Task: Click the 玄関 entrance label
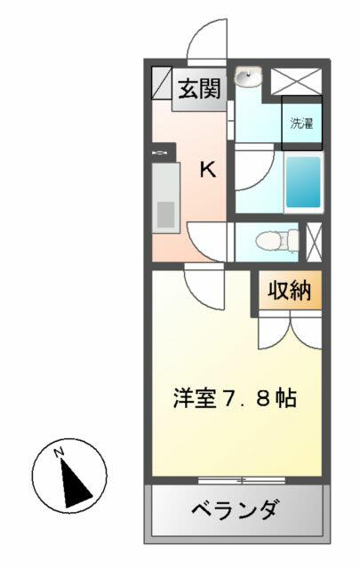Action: pyautogui.click(x=199, y=89)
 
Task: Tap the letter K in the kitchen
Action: pyautogui.click(x=208, y=170)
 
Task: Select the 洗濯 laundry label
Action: pyautogui.click(x=301, y=124)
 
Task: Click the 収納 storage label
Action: pyautogui.click(x=290, y=291)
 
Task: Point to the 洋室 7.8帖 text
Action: pyautogui.click(x=235, y=398)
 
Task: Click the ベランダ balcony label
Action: pyautogui.click(x=236, y=509)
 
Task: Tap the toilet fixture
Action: pyautogui.click(x=276, y=241)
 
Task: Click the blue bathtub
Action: pyautogui.click(x=303, y=181)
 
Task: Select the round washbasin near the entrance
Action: pyautogui.click(x=248, y=77)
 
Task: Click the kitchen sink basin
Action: pyautogui.click(x=165, y=214)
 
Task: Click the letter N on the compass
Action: pyautogui.click(x=59, y=453)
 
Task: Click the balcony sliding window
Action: pyautogui.click(x=241, y=480)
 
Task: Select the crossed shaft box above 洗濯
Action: pyautogui.click(x=296, y=81)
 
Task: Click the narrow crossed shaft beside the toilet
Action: pyautogui.click(x=314, y=242)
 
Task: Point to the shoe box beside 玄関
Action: pyautogui.click(x=162, y=83)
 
